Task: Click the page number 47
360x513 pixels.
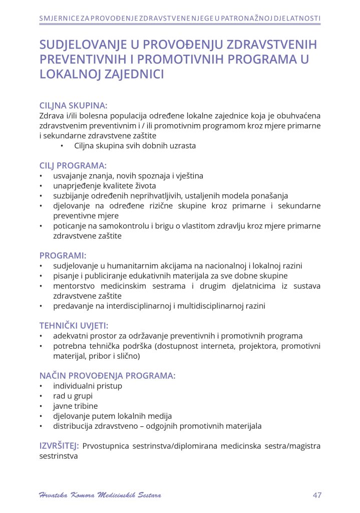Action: (316, 495)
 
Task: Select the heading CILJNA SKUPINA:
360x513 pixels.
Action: (73, 106)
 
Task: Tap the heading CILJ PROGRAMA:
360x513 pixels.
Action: (73, 166)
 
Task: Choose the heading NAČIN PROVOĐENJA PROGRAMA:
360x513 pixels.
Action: (107, 375)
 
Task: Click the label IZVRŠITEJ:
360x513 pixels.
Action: (59, 445)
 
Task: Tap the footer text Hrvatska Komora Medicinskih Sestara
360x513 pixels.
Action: (100, 495)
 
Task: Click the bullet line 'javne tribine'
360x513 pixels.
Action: (76, 406)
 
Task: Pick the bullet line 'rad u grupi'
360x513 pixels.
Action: (73, 396)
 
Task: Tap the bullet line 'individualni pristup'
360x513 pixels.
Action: (88, 386)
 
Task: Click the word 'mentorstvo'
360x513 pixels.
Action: (74, 286)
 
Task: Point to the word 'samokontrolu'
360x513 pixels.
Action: (116, 225)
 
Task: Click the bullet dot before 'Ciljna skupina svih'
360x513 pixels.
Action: (62, 146)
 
